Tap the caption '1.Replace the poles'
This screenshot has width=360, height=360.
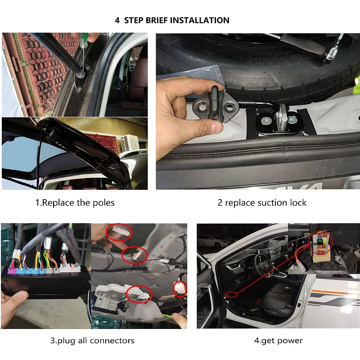(75, 202)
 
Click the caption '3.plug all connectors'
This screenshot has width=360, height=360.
(92, 340)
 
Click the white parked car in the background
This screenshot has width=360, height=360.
(211, 241)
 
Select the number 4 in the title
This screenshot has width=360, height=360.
(117, 20)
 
